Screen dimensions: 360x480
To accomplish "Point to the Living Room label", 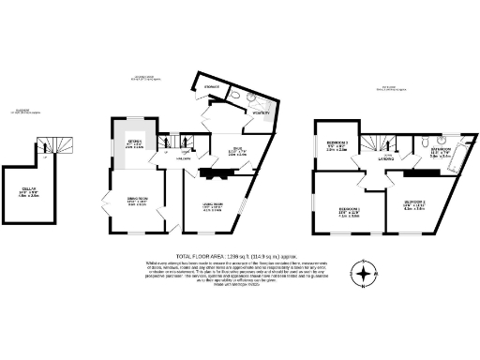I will [x=213, y=207].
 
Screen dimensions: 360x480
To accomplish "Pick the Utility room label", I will [x=259, y=113].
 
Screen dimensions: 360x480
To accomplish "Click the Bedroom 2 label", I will [x=414, y=205].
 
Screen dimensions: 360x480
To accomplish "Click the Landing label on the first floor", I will [x=386, y=159].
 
